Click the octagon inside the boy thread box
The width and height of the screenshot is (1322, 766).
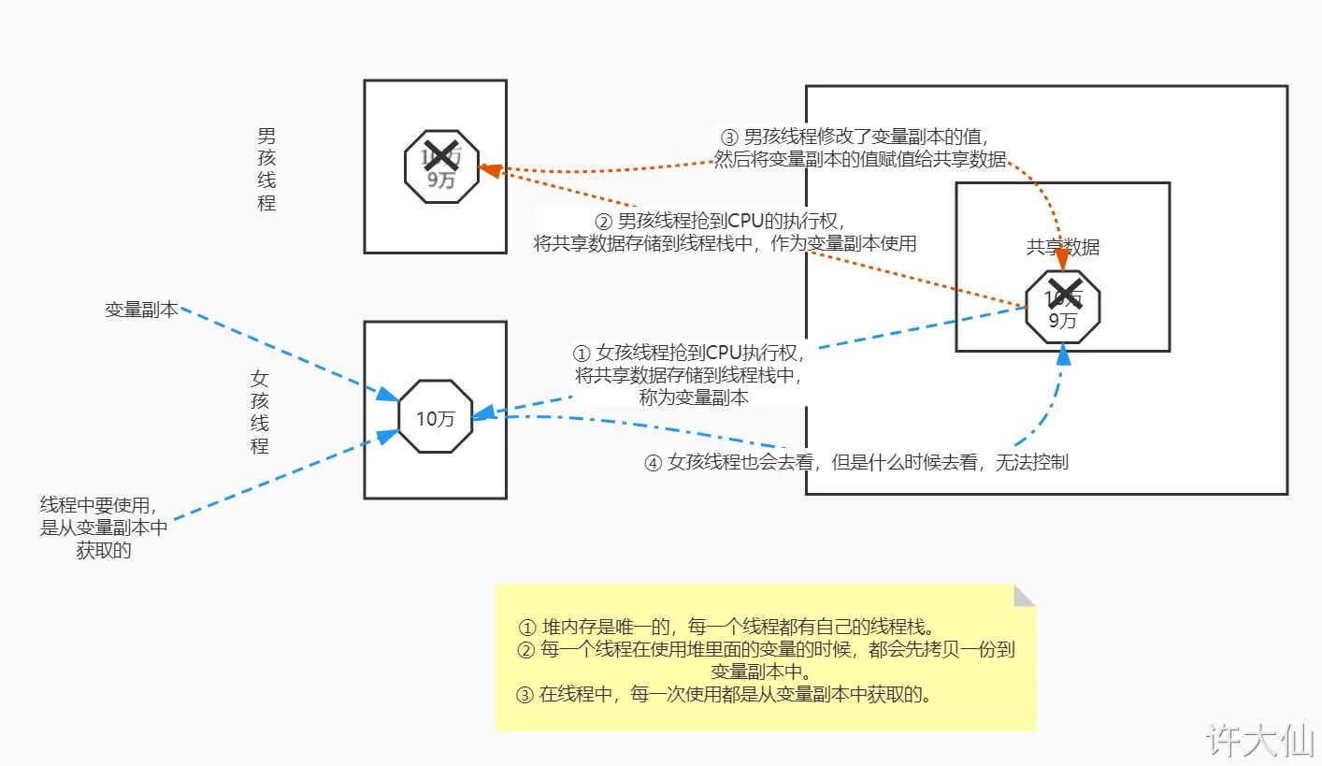point(441,167)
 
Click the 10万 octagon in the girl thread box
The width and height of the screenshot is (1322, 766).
point(435,417)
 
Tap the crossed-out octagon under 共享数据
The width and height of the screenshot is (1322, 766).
point(1062,308)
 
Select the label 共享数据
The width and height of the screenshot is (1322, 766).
point(1063,247)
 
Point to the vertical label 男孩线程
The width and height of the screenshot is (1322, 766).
point(266,169)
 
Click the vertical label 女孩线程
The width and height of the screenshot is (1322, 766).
point(260,412)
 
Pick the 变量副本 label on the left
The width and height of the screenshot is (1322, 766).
point(141,310)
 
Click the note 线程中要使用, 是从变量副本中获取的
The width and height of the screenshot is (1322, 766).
point(104,528)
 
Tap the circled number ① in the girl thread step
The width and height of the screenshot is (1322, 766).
point(582,354)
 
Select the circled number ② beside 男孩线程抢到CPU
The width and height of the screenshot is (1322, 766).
point(604,222)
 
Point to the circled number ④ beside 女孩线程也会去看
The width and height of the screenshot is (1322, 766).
point(654,462)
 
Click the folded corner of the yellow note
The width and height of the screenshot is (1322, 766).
point(1025,595)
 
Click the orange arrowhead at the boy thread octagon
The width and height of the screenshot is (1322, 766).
point(487,169)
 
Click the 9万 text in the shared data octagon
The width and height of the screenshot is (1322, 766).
point(1062,321)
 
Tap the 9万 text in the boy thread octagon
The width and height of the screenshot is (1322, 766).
point(441,181)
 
